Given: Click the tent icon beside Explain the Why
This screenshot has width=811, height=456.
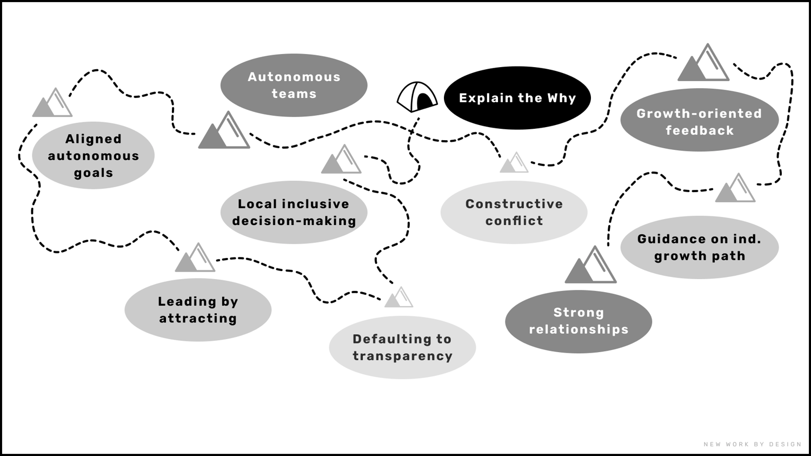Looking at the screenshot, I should [417, 97].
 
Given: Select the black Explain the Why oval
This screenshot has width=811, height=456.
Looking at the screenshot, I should [517, 98].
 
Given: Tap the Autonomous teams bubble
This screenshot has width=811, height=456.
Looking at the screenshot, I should [294, 85].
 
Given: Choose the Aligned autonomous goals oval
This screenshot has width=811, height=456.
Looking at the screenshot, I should [93, 156].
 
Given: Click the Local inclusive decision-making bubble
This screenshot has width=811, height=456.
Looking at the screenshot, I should [294, 212].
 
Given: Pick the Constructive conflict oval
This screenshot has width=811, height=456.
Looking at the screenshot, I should [514, 212].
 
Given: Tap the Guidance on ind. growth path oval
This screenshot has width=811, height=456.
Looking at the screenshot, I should [699, 247].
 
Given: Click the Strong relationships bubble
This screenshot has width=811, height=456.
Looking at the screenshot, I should [579, 321].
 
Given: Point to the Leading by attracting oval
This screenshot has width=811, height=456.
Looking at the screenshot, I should [198, 309].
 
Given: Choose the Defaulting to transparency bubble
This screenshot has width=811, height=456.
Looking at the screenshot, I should [402, 347].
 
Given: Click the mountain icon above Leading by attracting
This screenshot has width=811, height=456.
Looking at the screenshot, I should [195, 259].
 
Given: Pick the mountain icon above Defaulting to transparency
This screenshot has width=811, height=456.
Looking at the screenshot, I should [399, 298].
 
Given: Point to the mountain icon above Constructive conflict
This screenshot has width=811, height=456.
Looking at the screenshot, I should [514, 163].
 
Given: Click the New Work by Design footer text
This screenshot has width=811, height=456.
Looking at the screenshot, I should [752, 444].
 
